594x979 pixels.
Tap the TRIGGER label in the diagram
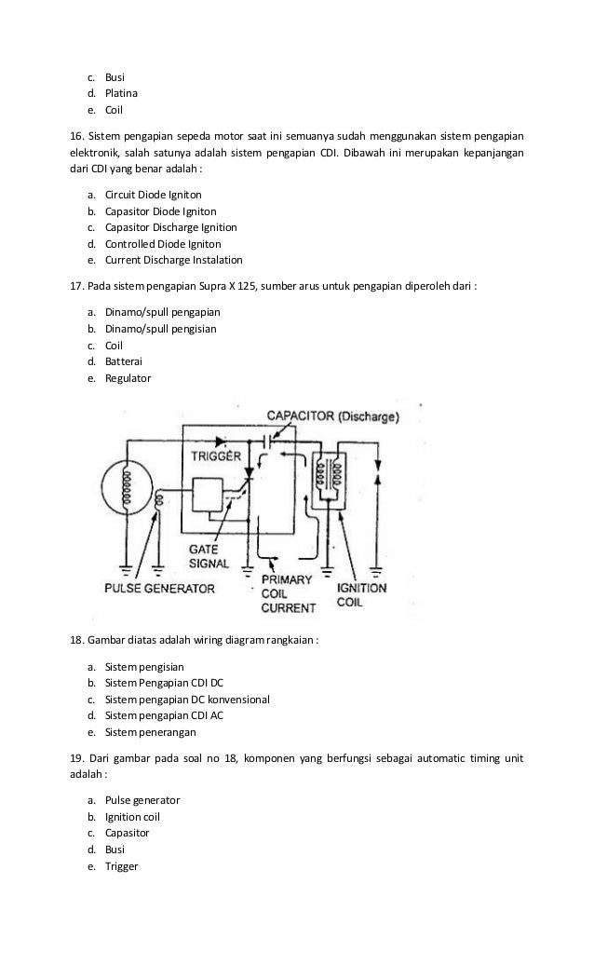(x=217, y=456)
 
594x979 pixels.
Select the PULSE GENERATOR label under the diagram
(x=159, y=589)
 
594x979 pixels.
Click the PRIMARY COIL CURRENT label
(x=288, y=593)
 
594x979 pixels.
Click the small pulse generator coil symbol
(x=160, y=502)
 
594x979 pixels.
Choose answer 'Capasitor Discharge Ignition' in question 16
(x=170, y=227)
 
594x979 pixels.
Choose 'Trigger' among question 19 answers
(x=121, y=866)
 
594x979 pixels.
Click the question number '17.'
(x=78, y=287)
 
